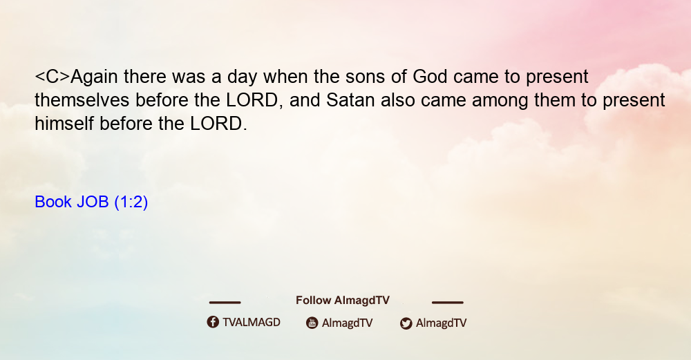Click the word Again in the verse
tap(94, 77)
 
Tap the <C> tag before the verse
tap(53, 77)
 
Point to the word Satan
tap(350, 100)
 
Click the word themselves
tap(82, 100)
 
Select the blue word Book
tap(53, 202)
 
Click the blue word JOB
tap(93, 202)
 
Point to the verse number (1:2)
tap(131, 202)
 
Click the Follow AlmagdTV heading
tap(343, 301)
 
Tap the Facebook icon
tap(213, 322)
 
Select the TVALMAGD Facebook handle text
tap(252, 322)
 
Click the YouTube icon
tap(312, 323)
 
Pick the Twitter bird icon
tap(406, 323)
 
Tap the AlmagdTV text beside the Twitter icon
tap(441, 323)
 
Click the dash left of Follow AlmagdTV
tap(225, 302)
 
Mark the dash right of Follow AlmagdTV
tap(447, 302)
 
